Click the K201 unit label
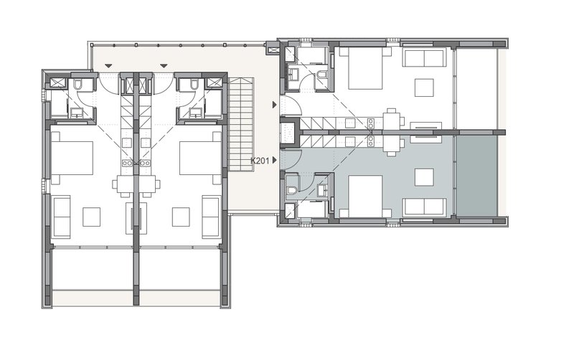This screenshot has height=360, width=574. click(260, 160)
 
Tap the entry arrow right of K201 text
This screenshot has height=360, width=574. click(275, 160)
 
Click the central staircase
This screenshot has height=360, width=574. click(241, 124)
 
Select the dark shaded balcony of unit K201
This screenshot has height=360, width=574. click(476, 176)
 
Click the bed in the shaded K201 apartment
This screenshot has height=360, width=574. click(365, 196)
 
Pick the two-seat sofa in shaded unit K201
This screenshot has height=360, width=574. click(424, 207)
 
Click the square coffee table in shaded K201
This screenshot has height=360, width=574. click(424, 177)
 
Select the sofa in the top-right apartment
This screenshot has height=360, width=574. click(423, 58)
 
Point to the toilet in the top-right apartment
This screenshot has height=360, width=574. click(322, 75)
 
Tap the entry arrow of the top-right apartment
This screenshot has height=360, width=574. click(275, 105)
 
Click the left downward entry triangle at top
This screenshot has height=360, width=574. click(108, 66)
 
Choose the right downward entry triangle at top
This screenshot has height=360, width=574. click(164, 66)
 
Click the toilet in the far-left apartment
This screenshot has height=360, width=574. click(77, 85)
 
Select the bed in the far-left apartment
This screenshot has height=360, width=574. click(72, 158)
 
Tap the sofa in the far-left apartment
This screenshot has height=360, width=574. click(62, 217)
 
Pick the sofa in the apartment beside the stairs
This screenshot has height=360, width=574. click(211, 217)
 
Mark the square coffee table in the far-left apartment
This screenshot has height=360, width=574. click(92, 217)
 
